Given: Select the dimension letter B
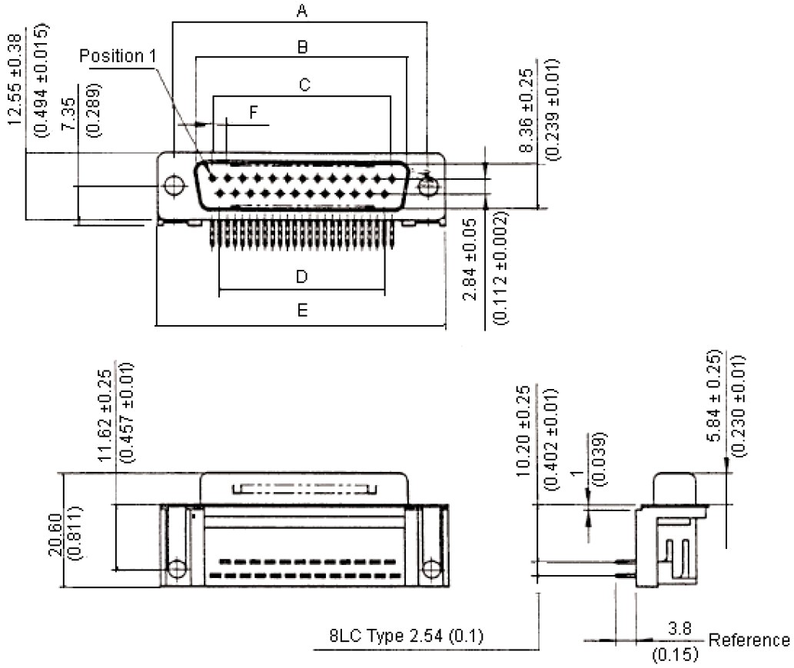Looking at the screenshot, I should click(x=303, y=48).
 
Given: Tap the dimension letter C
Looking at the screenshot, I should click(x=304, y=85).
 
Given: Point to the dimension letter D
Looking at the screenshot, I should click(x=302, y=276).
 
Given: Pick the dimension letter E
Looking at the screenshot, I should click(x=303, y=311).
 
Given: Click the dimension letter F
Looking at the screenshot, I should click(x=253, y=113).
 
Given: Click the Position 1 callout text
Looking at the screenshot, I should click(x=118, y=56).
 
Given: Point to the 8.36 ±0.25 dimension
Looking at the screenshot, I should click(x=526, y=108).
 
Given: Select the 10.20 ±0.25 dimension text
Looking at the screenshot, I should click(x=524, y=430).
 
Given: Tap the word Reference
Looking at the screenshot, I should click(x=749, y=640).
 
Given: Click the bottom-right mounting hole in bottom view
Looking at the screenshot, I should click(x=431, y=569).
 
